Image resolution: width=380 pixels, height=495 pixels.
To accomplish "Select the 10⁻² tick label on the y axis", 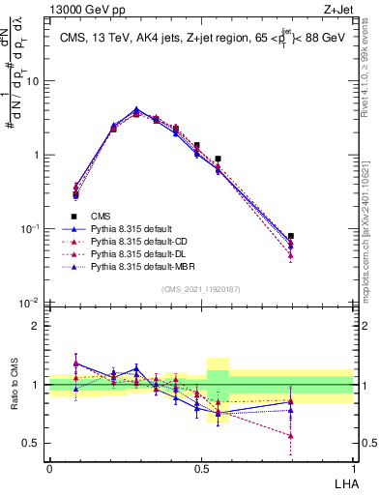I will tap(30, 303).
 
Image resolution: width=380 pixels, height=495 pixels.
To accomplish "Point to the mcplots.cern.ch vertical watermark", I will tap(371, 232).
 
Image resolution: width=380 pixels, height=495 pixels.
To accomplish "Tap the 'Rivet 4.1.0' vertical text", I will tap(371, 73).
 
